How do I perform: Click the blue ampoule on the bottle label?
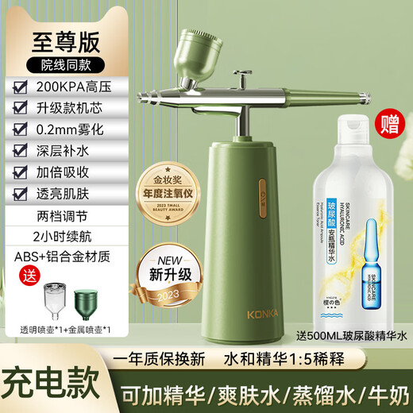click(363, 258)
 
